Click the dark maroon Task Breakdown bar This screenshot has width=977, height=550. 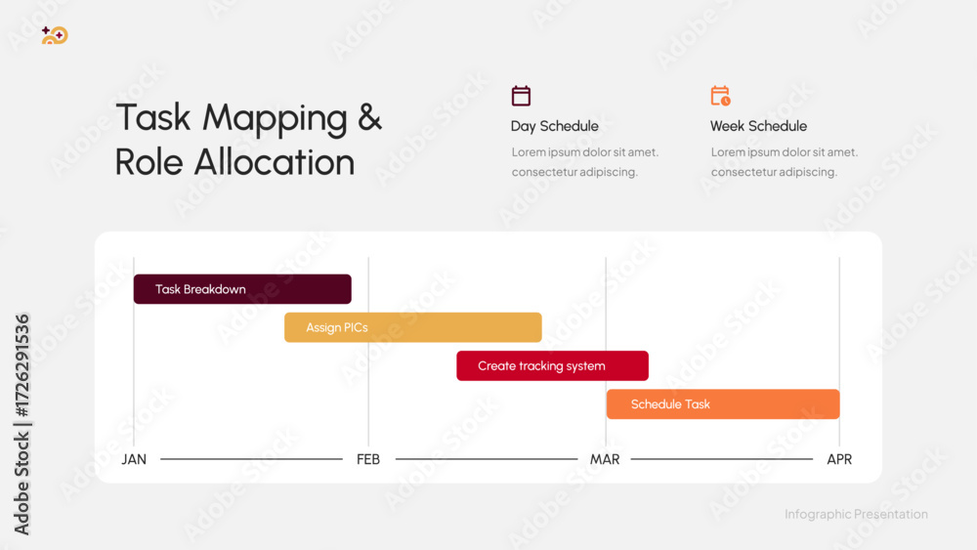click(242, 289)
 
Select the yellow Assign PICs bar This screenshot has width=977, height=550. click(413, 327)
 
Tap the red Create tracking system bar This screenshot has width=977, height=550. click(553, 365)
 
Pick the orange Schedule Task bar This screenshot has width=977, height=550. click(723, 404)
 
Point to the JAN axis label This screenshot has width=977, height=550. click(134, 460)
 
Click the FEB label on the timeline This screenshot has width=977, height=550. click(368, 460)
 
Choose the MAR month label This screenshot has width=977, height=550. click(605, 460)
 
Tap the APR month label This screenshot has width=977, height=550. click(839, 460)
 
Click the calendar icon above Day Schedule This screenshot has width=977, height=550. click(521, 96)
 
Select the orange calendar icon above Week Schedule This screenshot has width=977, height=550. click(720, 96)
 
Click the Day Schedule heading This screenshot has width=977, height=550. click(555, 126)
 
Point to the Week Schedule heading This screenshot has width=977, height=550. click(758, 126)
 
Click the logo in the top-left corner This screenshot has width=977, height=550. click(55, 35)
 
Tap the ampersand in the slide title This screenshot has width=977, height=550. click(369, 117)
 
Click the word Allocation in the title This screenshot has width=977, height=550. click(275, 162)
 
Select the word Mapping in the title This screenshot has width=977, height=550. click(275, 119)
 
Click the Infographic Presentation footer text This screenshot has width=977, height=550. click(856, 514)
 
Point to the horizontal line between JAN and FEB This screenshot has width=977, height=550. click(252, 459)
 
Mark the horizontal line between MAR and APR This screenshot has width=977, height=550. click(722, 459)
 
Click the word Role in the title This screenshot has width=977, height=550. click(149, 162)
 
